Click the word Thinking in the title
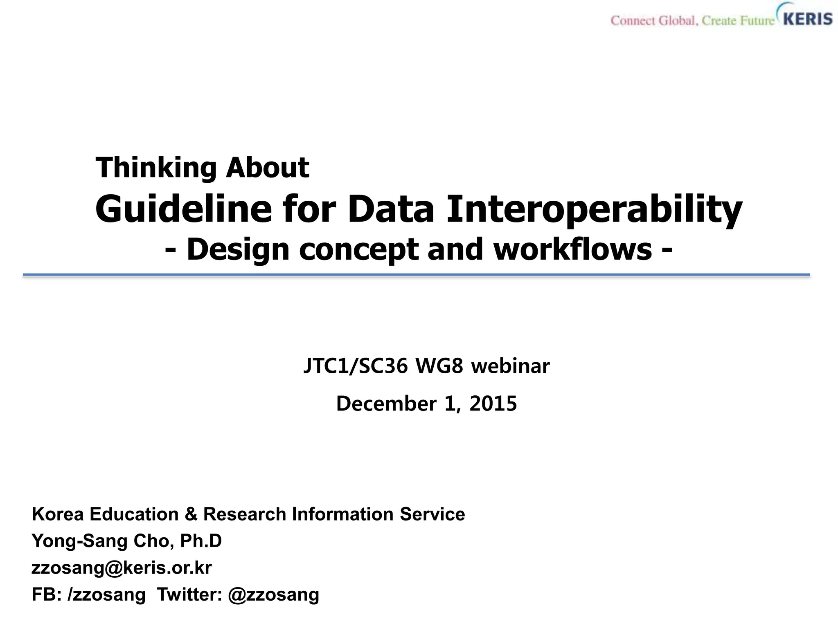(156, 168)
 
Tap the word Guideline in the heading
(183, 209)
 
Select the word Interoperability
(594, 209)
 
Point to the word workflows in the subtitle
(572, 249)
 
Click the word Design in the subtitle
(238, 250)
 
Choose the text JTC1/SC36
(356, 366)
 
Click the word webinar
(510, 366)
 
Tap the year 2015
(493, 404)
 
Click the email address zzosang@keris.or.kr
(122, 568)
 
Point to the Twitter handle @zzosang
(273, 594)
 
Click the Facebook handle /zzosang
(107, 594)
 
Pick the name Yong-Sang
(79, 541)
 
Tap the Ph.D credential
(201, 541)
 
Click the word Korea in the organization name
(58, 514)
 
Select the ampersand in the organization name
(191, 514)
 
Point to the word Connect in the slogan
(633, 20)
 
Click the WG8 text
(439, 366)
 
